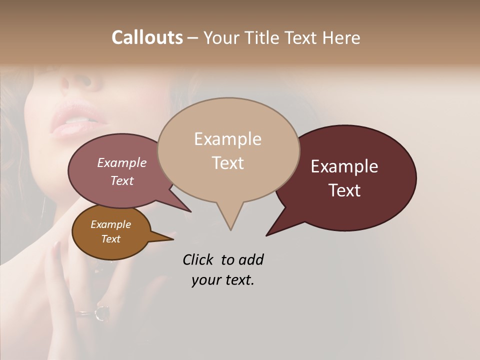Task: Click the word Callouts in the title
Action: coord(147,37)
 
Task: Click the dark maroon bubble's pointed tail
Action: coord(270,232)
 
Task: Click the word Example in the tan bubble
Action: coord(227,139)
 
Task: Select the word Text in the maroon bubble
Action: coord(345,190)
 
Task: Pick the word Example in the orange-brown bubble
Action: coord(110,224)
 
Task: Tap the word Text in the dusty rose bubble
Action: coord(122,180)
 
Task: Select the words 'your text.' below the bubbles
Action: coord(222,280)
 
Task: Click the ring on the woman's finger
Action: coord(101,312)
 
